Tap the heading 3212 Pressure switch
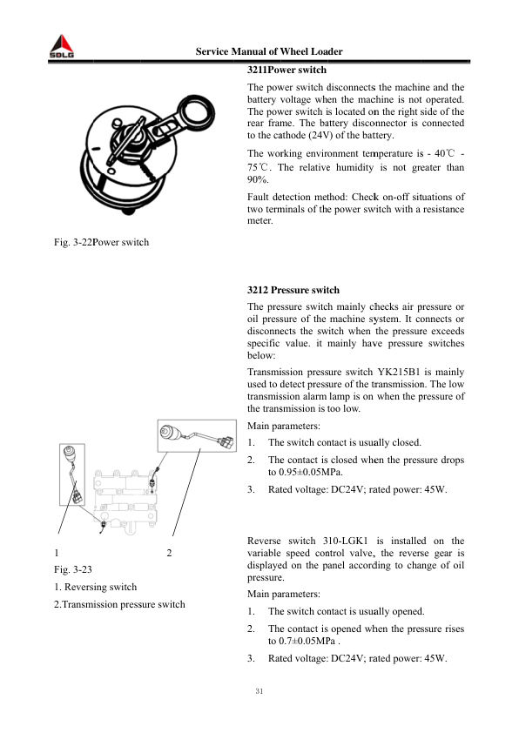(293, 289)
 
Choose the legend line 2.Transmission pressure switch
(119, 603)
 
